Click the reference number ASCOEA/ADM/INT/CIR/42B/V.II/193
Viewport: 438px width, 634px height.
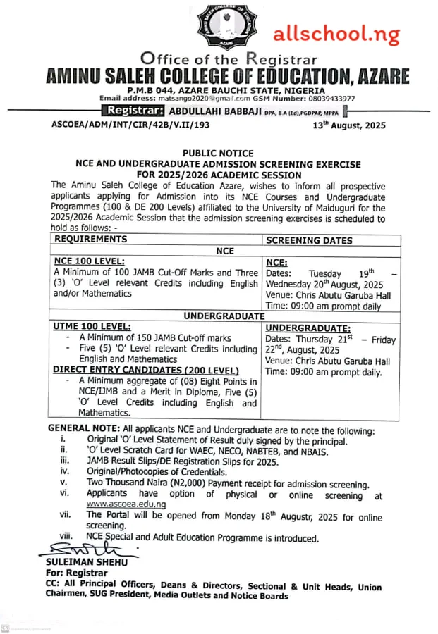130,125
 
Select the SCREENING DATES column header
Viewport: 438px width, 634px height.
309,240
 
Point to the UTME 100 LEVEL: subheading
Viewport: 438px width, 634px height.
92,327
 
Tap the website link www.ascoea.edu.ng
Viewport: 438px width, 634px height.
126,504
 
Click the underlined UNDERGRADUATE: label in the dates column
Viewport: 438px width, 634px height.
308,328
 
